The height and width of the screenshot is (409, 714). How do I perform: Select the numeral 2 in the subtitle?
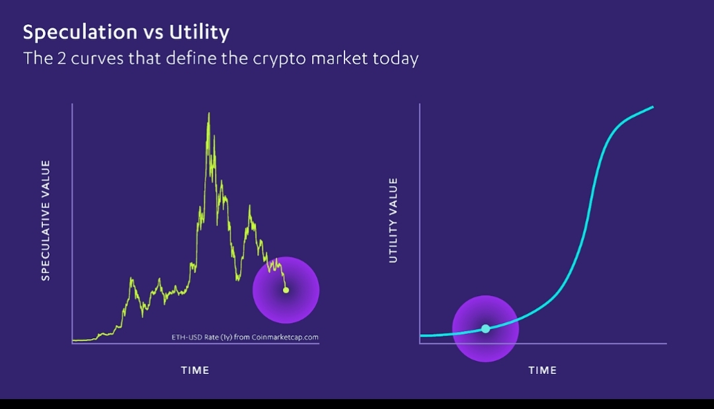(61, 58)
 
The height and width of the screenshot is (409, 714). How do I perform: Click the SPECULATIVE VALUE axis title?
(46, 220)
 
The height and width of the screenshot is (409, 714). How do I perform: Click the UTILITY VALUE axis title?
(393, 220)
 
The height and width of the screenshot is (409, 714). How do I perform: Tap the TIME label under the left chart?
(195, 370)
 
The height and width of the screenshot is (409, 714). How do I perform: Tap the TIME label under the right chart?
(542, 370)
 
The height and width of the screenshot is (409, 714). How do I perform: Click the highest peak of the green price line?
(209, 113)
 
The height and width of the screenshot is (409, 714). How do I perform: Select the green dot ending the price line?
(286, 290)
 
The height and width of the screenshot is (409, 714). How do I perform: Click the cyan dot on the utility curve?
(485, 328)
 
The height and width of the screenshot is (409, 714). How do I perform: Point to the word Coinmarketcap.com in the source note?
(285, 337)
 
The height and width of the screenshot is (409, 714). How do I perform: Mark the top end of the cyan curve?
(653, 107)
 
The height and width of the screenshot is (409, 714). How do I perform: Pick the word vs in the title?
(153, 34)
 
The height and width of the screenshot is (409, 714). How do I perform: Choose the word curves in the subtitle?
(97, 58)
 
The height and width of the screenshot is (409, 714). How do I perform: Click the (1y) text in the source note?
(226, 337)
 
